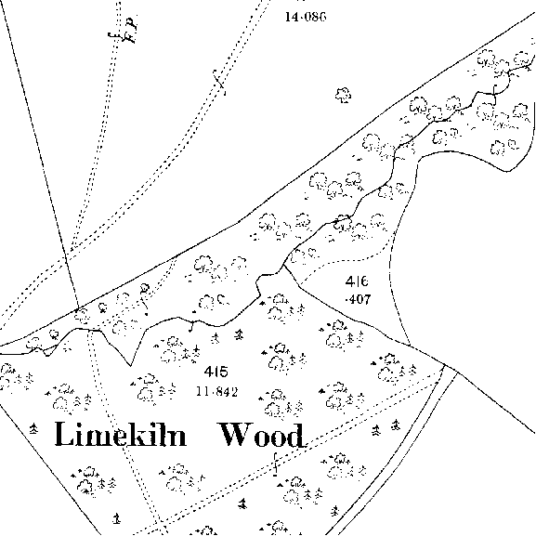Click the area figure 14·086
pyautogui.click(x=306, y=17)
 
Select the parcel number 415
pyautogui.click(x=216, y=372)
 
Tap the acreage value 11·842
pyautogui.click(x=217, y=391)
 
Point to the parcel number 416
pyautogui.click(x=357, y=281)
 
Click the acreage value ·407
pyautogui.click(x=358, y=300)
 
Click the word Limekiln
pyautogui.click(x=121, y=434)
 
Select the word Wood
pyautogui.click(x=262, y=435)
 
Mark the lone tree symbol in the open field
pyautogui.click(x=343, y=95)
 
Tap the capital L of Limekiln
pyautogui.click(x=64, y=434)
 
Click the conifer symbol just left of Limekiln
pyautogui.click(x=33, y=428)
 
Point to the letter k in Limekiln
pyautogui.click(x=142, y=434)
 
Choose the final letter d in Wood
pyautogui.click(x=295, y=435)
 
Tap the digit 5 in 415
pyautogui.click(x=223, y=372)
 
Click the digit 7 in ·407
pyautogui.click(x=366, y=300)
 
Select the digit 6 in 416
pyautogui.click(x=364, y=281)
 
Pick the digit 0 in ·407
pyautogui.click(x=358, y=300)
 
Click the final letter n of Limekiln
pyautogui.click(x=177, y=438)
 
